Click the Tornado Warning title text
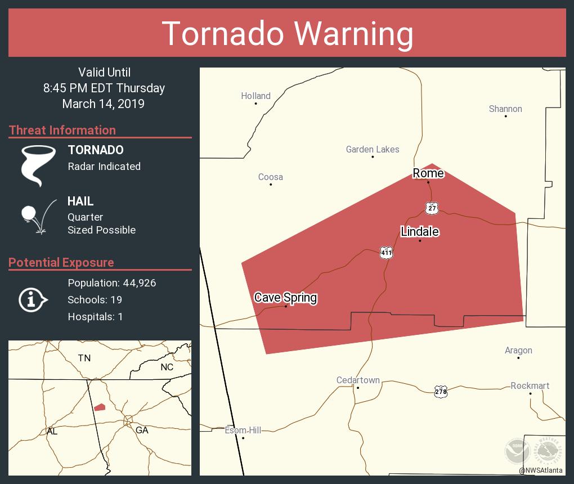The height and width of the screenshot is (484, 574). tap(287, 33)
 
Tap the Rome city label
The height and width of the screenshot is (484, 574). tap(428, 173)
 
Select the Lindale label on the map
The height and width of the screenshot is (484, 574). tap(420, 231)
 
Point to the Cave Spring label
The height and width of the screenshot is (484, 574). tap(285, 297)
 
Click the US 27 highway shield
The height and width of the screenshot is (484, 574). tap(432, 208)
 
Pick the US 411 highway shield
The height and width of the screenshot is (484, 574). tap(385, 253)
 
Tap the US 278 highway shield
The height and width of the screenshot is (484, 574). tap(441, 391)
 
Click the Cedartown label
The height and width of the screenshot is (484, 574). tap(358, 380)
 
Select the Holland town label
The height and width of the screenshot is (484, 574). tap(255, 96)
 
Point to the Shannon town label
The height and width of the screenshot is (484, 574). tap(505, 109)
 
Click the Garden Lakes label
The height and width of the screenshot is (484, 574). tap(373, 149)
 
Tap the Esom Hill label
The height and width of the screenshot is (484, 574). tap(243, 430)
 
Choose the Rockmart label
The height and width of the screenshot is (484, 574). tap(530, 386)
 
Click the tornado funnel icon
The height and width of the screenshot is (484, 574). tap(38, 165)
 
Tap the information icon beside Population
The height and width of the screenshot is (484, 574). tap(32, 300)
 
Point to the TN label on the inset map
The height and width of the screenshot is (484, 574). tap(84, 358)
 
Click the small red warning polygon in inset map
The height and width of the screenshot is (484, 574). tap(100, 407)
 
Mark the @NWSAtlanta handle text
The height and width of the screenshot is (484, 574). tap(540, 470)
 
